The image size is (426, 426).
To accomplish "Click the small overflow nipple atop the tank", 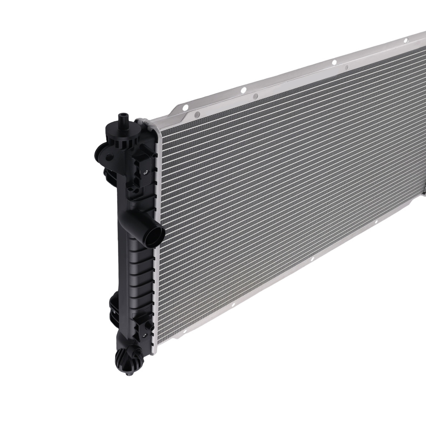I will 124,117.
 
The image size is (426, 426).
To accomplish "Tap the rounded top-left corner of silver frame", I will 154,125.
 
